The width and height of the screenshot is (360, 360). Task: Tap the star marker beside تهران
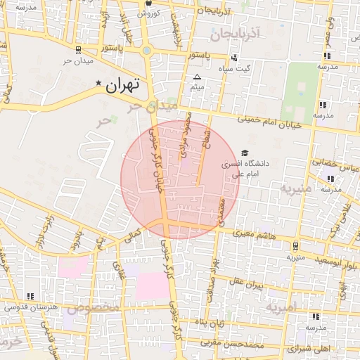pos(98,84)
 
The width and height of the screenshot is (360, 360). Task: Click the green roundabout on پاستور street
pos(146,50)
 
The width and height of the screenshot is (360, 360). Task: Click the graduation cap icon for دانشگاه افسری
pos(245,153)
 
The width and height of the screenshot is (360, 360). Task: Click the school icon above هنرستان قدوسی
pos(29,296)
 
